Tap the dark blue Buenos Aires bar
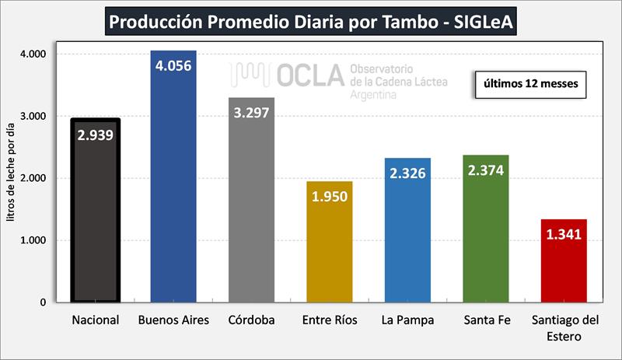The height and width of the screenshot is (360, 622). [173, 187]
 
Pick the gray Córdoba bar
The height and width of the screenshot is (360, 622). [251, 210]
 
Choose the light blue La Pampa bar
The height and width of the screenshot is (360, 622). [407, 241]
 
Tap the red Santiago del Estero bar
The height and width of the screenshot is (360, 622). [564, 272]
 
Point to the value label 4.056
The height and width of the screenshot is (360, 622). [173, 65]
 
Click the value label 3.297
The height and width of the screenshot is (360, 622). [251, 112]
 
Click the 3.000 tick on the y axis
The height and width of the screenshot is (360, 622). [34, 116]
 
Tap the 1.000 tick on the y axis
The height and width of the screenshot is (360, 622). [34, 240]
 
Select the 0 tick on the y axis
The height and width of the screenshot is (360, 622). [43, 302]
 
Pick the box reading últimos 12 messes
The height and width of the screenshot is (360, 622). [529, 83]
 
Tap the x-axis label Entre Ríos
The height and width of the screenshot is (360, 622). [329, 320]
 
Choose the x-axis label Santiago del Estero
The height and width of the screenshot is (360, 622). [564, 327]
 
